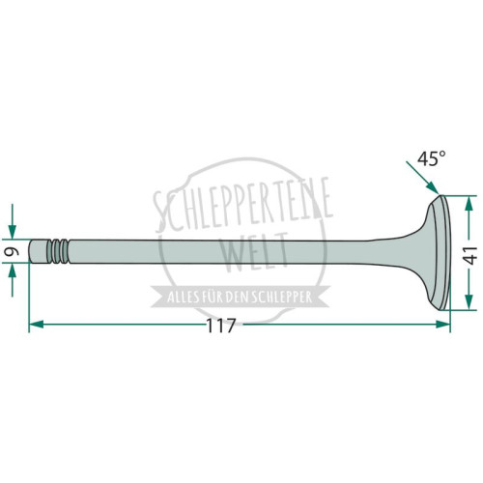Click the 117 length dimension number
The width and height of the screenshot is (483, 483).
click(x=221, y=326)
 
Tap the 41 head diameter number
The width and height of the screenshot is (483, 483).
click(x=471, y=255)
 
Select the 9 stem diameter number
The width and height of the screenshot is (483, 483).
click(x=12, y=251)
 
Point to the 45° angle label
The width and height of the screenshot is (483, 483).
click(x=432, y=158)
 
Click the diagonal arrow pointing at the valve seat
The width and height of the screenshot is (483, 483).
click(x=422, y=178)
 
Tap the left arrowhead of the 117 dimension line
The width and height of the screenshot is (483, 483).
click(x=36, y=325)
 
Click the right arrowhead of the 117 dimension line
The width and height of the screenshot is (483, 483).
click(x=442, y=325)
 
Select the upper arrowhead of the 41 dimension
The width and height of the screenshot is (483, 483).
click(x=469, y=203)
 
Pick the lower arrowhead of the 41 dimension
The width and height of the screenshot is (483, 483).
click(x=469, y=302)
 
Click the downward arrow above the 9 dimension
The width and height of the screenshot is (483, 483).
click(x=13, y=221)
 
